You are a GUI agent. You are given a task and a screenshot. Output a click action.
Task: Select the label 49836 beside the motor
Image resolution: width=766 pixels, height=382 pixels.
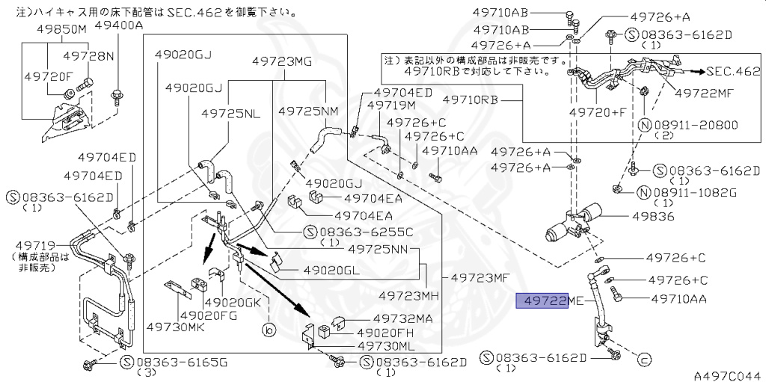click(652, 217)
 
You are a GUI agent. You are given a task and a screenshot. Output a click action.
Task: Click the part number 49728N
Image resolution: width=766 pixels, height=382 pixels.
click(88, 56)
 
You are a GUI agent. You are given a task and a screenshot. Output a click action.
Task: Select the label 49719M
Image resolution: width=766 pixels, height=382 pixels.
click(395, 106)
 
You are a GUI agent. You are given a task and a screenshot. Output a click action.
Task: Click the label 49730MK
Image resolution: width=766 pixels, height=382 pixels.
click(175, 327)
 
